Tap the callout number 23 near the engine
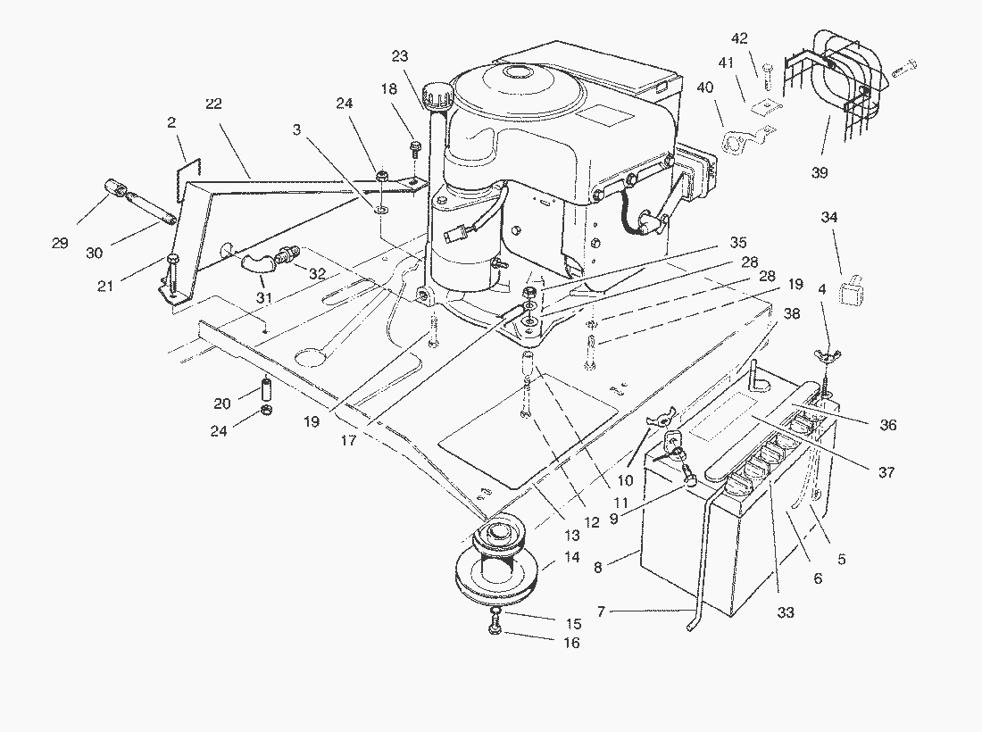point(399,56)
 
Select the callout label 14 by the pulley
point(572,557)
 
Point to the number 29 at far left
point(60,243)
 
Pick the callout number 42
point(740,38)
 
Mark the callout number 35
point(737,242)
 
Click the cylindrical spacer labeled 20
point(265,389)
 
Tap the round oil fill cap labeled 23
point(437,89)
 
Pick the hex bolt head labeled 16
point(495,630)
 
